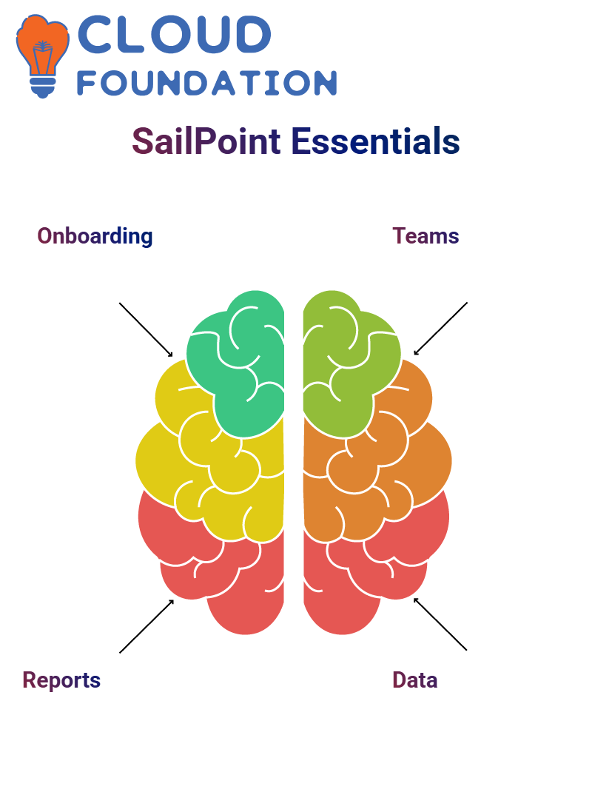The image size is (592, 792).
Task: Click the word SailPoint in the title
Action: pos(206,141)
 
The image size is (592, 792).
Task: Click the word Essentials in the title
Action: pos(375,141)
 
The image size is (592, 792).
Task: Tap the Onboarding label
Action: pos(95,236)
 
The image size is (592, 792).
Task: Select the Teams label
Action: pos(425,236)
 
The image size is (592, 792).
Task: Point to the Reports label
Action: pos(61,680)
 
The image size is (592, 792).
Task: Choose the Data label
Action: pos(414,680)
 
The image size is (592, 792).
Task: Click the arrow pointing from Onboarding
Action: pos(146,330)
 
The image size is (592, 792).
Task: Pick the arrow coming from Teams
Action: pos(440,329)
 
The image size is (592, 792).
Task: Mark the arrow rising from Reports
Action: pos(147,626)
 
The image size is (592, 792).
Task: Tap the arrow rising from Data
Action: pos(440,624)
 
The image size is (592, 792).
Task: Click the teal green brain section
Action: pos(238,363)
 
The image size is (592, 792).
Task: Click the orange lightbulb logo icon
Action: pos(42,56)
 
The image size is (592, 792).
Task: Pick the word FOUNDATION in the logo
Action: pos(206,83)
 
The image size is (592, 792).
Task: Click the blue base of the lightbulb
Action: pos(43,87)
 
